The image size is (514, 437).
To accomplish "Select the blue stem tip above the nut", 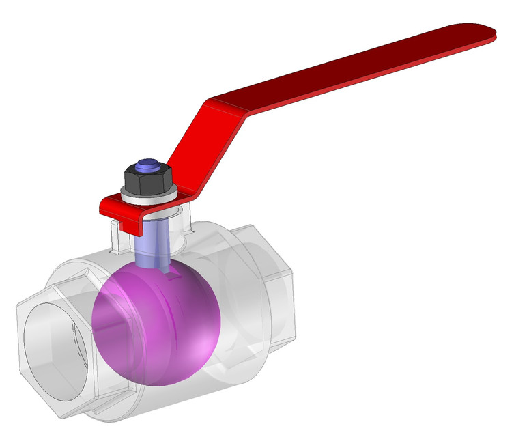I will [147, 165].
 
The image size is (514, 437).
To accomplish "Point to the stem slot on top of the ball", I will [171, 273].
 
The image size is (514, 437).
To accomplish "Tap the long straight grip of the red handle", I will [355, 68].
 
